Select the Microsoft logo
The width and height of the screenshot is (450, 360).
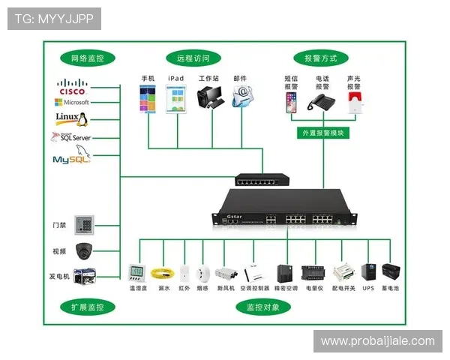(72, 102)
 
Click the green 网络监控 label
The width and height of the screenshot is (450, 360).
(87, 58)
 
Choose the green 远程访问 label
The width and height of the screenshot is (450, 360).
(193, 58)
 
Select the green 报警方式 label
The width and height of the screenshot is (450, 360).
(321, 58)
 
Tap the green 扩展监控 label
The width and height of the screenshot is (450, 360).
(87, 307)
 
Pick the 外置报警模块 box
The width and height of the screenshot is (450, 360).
(322, 133)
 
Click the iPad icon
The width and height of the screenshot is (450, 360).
(176, 99)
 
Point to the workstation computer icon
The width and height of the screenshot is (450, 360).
(209, 98)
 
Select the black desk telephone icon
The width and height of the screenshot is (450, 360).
(323, 102)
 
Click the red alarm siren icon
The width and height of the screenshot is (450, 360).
(354, 103)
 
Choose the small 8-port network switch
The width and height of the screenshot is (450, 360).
(262, 179)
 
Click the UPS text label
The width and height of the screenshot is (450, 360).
(368, 287)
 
